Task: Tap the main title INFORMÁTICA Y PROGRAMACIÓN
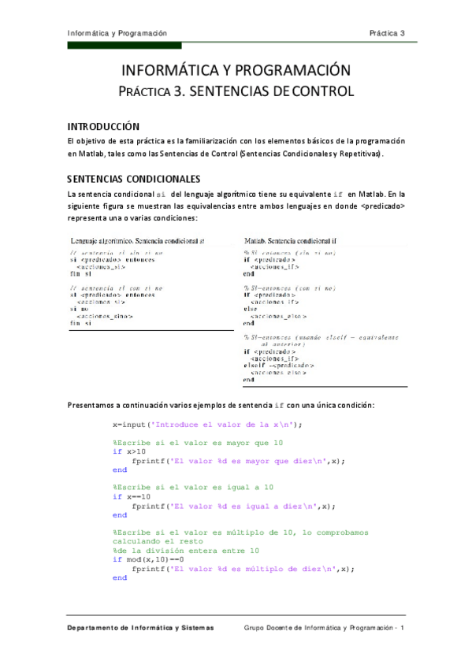pos(236,70)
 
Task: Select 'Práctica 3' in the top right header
pos(387,33)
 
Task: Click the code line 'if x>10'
pos(129,452)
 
